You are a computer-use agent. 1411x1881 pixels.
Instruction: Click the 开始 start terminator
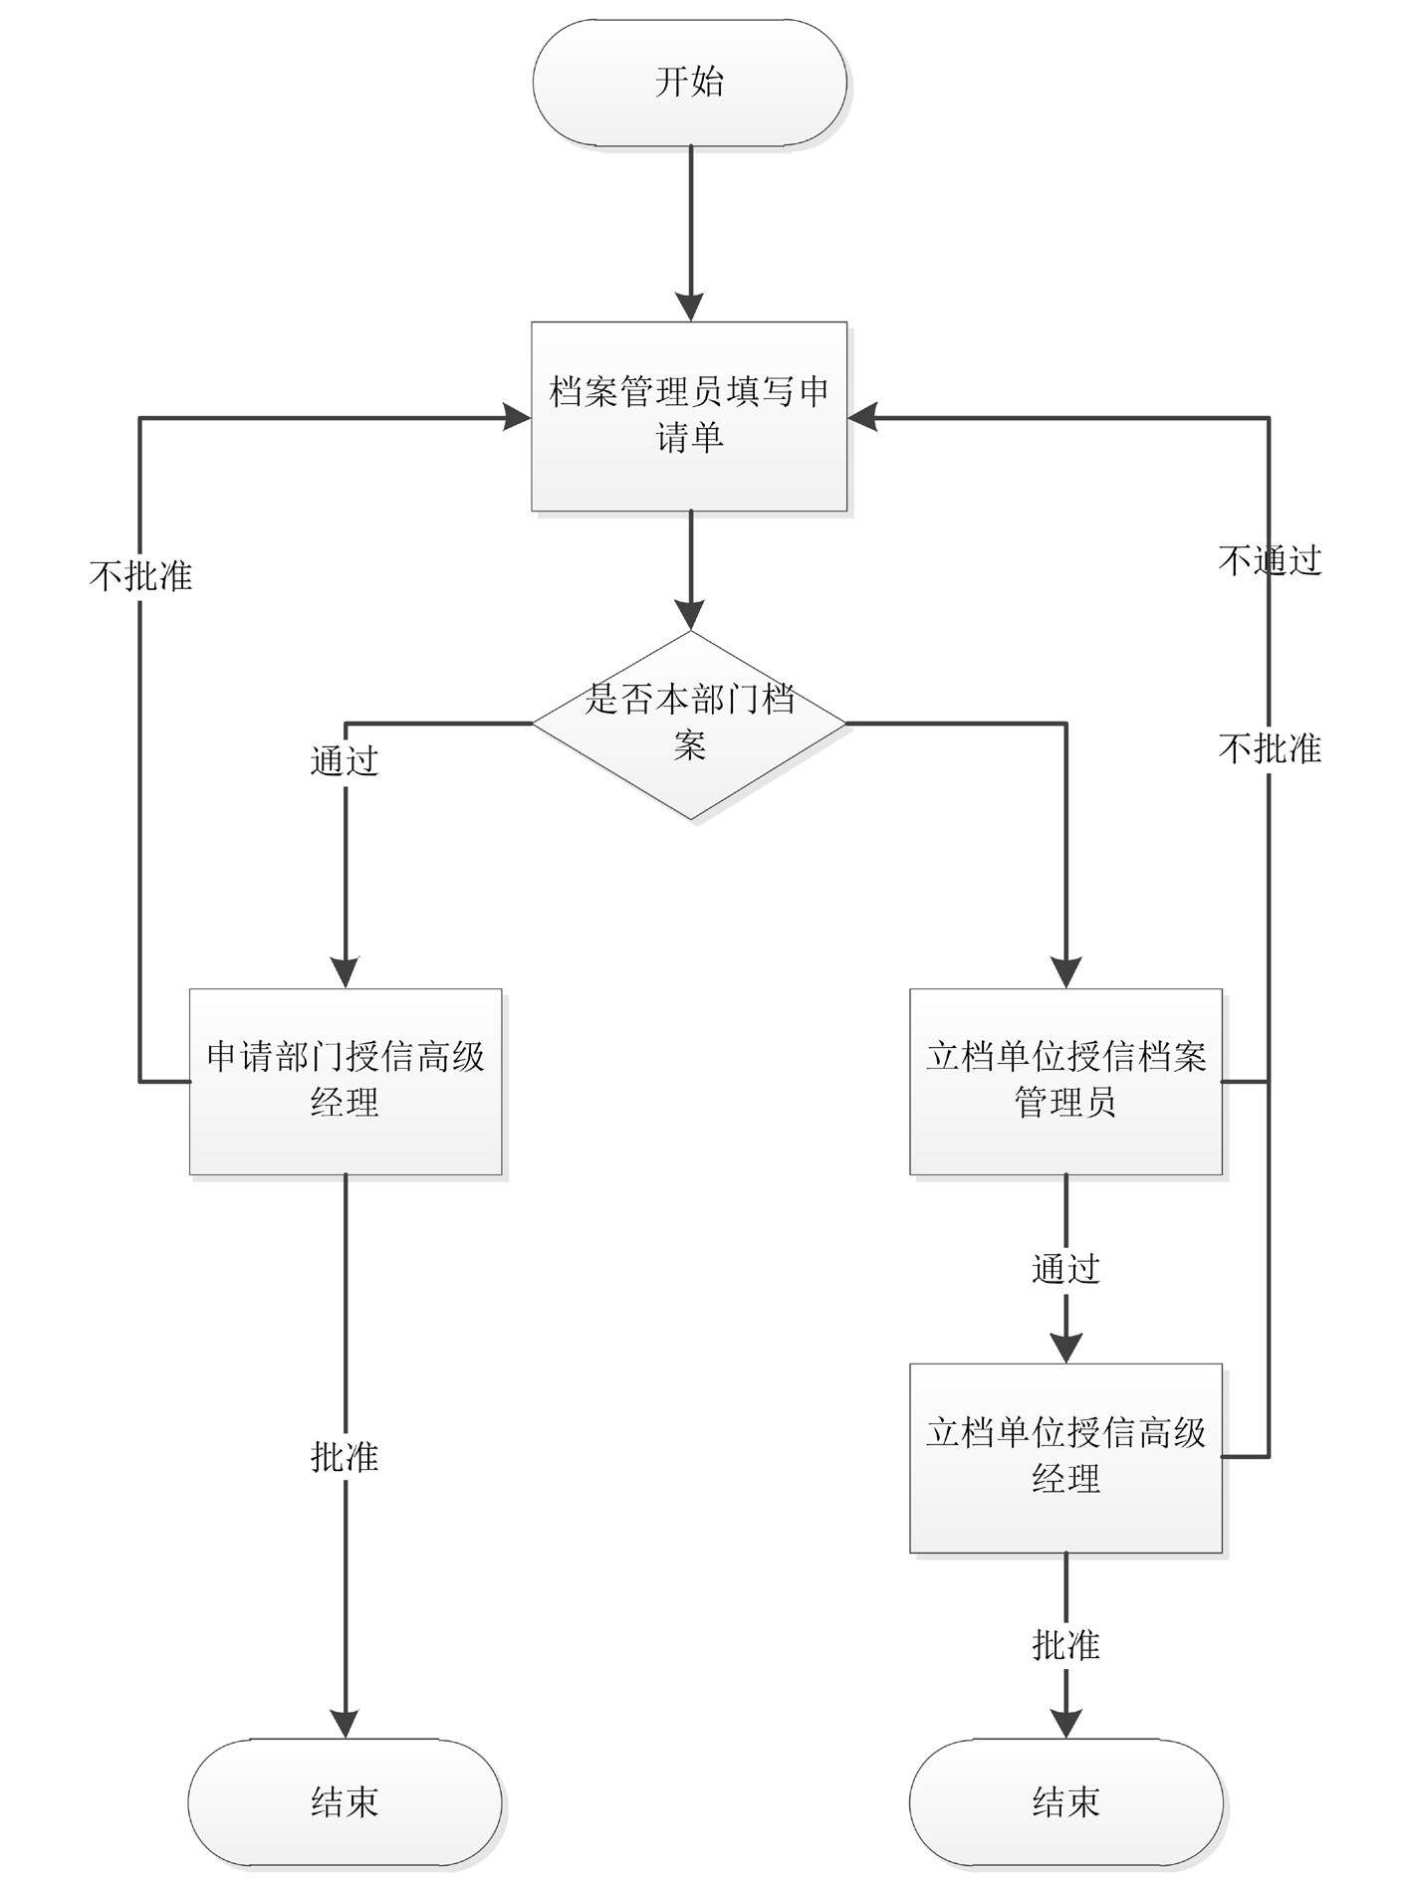(x=689, y=83)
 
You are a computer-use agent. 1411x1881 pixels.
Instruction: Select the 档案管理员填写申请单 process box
(x=689, y=416)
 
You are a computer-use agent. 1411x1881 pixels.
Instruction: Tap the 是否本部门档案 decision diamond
(x=689, y=724)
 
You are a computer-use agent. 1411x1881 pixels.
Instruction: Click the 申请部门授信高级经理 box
(x=346, y=1081)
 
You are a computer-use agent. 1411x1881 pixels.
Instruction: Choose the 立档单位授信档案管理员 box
(x=1065, y=1081)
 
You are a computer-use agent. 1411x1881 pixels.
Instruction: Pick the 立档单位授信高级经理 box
(x=1065, y=1457)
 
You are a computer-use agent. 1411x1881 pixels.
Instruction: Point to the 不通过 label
(x=1270, y=561)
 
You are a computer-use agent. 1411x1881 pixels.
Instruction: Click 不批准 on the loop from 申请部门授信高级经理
(x=140, y=576)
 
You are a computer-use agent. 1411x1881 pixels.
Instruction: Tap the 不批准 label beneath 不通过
(x=1270, y=748)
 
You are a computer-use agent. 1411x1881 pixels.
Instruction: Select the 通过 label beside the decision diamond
(x=345, y=761)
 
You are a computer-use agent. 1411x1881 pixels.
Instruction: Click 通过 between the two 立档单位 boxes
(x=1065, y=1269)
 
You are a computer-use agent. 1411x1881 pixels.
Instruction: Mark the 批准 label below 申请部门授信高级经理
(x=345, y=1457)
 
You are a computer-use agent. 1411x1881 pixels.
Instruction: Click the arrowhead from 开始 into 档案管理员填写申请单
(x=689, y=308)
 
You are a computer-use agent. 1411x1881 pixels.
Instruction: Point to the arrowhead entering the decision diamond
(x=689, y=616)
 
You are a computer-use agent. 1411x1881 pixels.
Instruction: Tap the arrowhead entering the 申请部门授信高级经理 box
(x=346, y=973)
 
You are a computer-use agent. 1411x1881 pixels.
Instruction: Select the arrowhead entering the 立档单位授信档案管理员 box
(x=1065, y=973)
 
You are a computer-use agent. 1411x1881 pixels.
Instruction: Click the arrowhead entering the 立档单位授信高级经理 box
(x=1065, y=1349)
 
